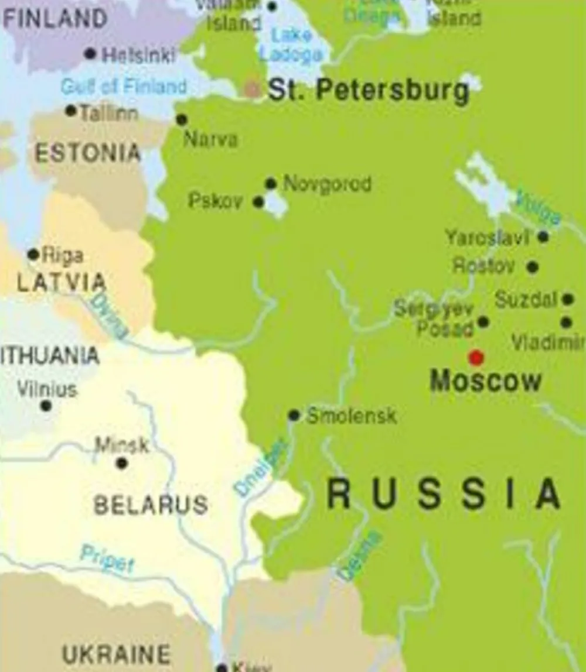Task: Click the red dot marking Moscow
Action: coord(476,358)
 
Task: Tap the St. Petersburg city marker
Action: coord(252,89)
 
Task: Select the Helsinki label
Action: coord(138,56)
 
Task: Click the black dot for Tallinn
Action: coord(71,110)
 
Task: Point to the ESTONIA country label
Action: coord(88,153)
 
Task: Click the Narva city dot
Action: coord(182,120)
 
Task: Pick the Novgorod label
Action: coord(328,184)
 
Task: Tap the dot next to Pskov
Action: coord(258,202)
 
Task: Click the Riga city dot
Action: coord(33,255)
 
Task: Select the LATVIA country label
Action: coord(61,283)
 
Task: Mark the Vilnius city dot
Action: coord(46,406)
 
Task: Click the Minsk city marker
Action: coord(122,463)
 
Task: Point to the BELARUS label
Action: coord(151,505)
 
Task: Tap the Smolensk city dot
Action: coord(294,415)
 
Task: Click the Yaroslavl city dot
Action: coord(543,236)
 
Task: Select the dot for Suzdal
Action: coord(568,299)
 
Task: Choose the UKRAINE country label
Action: coord(116,654)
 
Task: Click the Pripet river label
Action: coord(107,559)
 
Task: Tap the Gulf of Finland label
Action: coord(124,87)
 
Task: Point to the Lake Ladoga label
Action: coord(291,44)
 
